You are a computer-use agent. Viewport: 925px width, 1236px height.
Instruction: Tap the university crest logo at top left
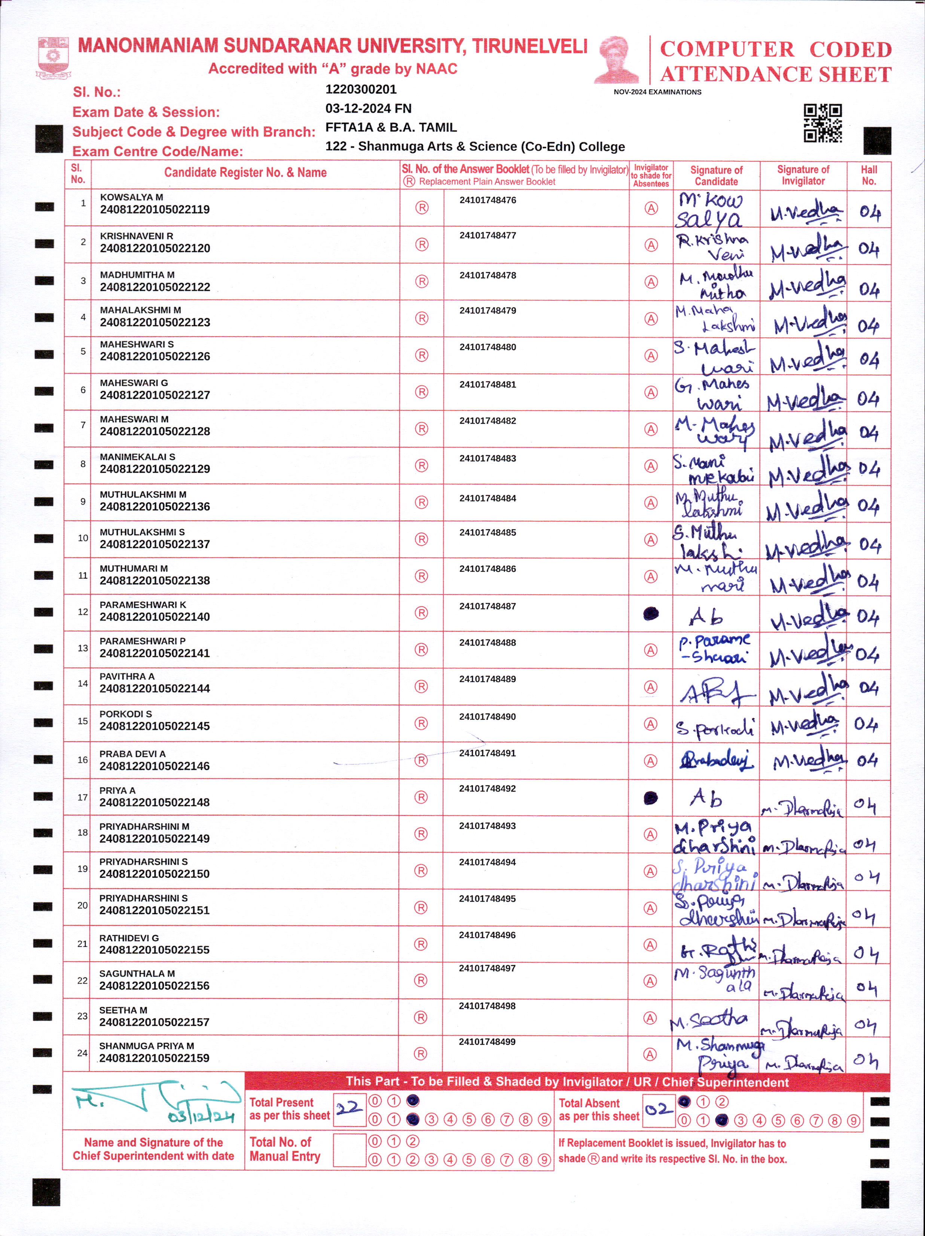pyautogui.click(x=53, y=57)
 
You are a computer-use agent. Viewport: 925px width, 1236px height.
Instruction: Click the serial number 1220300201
pyautogui.click(x=361, y=89)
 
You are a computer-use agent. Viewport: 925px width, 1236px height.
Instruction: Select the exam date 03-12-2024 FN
pyautogui.click(x=368, y=109)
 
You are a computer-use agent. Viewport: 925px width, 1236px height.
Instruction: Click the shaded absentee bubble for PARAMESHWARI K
pyautogui.click(x=651, y=614)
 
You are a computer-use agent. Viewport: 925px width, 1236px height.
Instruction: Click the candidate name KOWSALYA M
pyautogui.click(x=131, y=197)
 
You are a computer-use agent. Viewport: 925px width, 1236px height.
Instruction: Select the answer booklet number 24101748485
pyautogui.click(x=488, y=533)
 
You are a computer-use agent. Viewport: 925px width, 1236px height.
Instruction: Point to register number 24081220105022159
pyautogui.click(x=154, y=1058)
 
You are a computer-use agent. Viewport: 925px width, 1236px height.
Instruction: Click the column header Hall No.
pyautogui.click(x=868, y=176)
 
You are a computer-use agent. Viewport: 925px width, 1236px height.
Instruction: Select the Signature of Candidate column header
pyautogui.click(x=716, y=176)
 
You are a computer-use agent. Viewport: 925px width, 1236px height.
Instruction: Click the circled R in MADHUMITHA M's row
pyautogui.click(x=422, y=281)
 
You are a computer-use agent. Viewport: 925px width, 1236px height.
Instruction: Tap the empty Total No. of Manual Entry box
pyautogui.click(x=349, y=1150)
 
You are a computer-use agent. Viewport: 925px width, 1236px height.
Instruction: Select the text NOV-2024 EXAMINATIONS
pyautogui.click(x=657, y=92)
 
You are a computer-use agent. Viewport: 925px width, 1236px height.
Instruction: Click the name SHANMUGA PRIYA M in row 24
pyautogui.click(x=146, y=1046)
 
